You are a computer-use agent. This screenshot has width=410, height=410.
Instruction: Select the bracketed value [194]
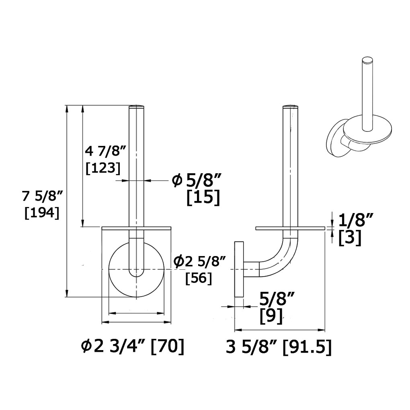coord(42,213)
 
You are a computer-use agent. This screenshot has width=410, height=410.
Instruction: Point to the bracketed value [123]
coord(103,168)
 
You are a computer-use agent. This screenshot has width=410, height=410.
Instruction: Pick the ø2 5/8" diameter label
coord(199,262)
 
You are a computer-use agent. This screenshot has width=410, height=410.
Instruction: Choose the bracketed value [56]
coord(199,278)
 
